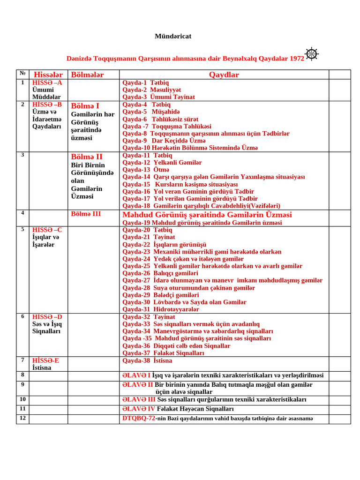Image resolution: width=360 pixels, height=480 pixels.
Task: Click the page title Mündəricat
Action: pyautogui.click(x=173, y=36)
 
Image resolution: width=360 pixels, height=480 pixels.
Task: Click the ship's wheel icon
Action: pyautogui.click(x=312, y=54)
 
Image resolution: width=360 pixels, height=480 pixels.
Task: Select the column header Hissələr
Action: pyautogui.click(x=48, y=75)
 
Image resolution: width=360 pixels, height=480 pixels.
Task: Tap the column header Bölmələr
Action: pyautogui.click(x=87, y=75)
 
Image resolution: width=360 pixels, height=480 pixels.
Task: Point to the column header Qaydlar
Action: pyautogui.click(x=224, y=75)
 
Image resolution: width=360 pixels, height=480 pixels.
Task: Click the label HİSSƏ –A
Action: pyautogui.click(x=47, y=82)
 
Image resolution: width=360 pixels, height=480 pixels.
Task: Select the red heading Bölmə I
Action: pyautogui.click(x=85, y=106)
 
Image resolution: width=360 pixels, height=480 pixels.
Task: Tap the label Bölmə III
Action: pyautogui.click(x=86, y=214)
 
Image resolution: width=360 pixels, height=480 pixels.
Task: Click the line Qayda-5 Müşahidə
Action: pyautogui.click(x=151, y=112)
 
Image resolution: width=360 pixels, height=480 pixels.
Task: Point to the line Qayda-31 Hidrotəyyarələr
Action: pyautogui.click(x=161, y=309)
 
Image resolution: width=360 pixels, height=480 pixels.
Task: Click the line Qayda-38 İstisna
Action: pyautogui.click(x=147, y=360)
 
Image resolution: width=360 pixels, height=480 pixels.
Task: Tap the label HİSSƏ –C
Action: pyautogui.click(x=47, y=230)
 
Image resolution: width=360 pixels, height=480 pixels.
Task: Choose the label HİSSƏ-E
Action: pyautogui.click(x=45, y=360)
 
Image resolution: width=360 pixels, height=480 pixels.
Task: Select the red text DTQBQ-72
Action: pyautogui.click(x=139, y=418)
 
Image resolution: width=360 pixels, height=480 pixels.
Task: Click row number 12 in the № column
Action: pyautogui.click(x=22, y=418)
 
